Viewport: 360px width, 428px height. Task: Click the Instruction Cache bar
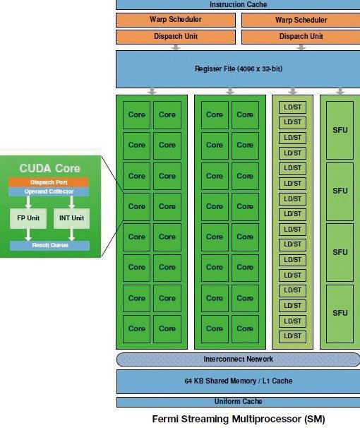click(238, 5)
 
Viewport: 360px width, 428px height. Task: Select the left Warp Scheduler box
click(176, 20)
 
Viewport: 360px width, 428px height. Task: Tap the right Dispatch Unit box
click(301, 37)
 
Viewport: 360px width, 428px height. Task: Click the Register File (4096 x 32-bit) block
click(238, 69)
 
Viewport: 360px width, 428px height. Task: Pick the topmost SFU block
click(340, 130)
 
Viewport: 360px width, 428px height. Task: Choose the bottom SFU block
click(340, 314)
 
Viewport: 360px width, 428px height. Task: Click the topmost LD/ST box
click(292, 107)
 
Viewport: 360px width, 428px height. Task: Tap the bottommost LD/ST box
click(292, 336)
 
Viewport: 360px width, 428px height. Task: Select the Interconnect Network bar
click(238, 359)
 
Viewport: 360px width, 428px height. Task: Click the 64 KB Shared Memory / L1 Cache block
click(239, 381)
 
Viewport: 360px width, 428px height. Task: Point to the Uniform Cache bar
click(239, 402)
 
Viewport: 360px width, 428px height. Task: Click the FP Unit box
click(28, 218)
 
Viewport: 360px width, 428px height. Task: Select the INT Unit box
click(71, 218)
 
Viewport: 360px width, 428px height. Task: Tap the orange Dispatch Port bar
click(49, 182)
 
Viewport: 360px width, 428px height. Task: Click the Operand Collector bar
click(49, 191)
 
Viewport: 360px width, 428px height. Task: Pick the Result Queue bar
click(50, 245)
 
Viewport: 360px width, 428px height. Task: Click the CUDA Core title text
click(49, 168)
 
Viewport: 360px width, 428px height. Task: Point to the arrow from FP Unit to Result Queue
click(28, 234)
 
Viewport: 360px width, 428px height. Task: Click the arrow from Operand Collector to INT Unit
click(71, 203)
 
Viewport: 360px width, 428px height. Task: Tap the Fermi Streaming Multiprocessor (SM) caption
click(239, 419)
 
